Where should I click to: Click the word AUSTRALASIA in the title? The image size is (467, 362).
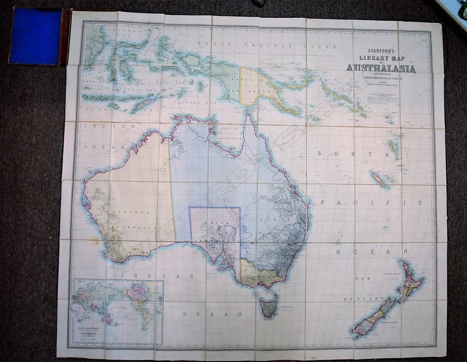click(x=381, y=68)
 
